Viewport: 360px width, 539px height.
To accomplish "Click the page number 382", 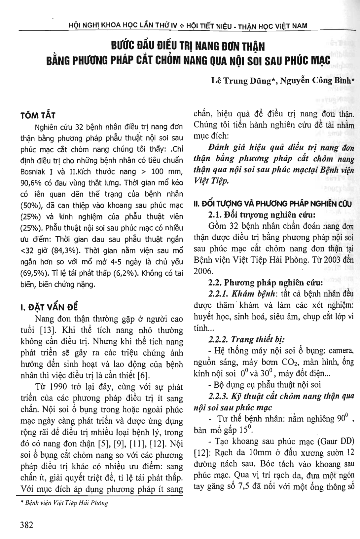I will pyautogui.click(x=27, y=525).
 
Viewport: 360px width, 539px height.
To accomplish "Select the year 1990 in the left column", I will pyautogui.click(x=63, y=387).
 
